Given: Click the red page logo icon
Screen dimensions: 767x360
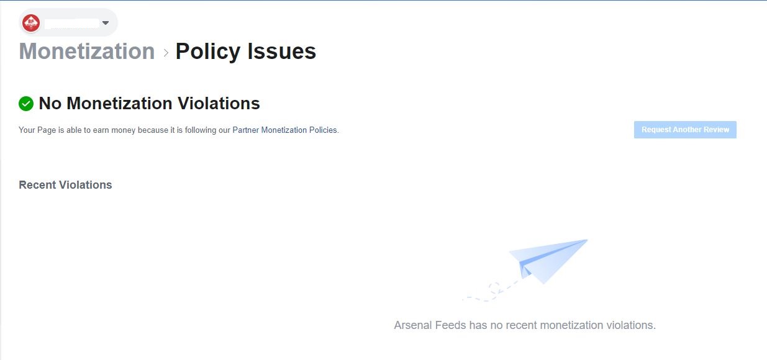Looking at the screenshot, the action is (31, 23).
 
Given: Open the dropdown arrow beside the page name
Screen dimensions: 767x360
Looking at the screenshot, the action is (106, 23).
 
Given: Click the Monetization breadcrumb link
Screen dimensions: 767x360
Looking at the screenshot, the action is (87, 52).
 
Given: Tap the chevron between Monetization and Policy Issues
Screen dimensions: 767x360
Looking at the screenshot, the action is (166, 53).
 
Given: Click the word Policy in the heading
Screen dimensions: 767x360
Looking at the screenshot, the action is (208, 52).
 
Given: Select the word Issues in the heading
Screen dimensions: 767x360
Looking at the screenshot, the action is (281, 52).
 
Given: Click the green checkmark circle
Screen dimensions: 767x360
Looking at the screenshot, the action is (26, 104).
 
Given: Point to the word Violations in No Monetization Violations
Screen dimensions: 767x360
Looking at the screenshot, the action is (219, 104).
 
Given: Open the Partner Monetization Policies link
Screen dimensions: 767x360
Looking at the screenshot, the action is (285, 130).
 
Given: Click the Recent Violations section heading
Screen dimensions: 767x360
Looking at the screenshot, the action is (65, 185).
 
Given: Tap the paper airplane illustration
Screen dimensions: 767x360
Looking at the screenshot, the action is (548, 261).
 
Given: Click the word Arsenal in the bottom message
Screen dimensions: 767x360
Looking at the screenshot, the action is (413, 325).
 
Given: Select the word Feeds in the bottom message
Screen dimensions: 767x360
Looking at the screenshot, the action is (451, 325).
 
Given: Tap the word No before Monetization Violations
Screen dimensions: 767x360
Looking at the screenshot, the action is (50, 104).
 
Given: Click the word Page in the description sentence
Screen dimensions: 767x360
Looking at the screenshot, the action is (46, 130).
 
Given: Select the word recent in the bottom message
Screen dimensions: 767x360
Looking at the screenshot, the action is (521, 325).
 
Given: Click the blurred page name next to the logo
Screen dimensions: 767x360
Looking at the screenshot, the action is (72, 23).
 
